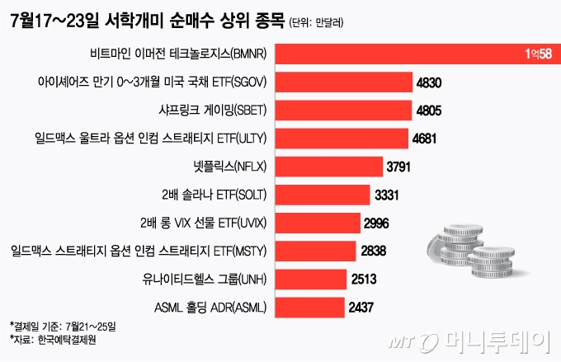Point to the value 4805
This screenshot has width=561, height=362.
point(428,110)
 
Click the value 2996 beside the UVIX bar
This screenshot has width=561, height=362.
point(378,223)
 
